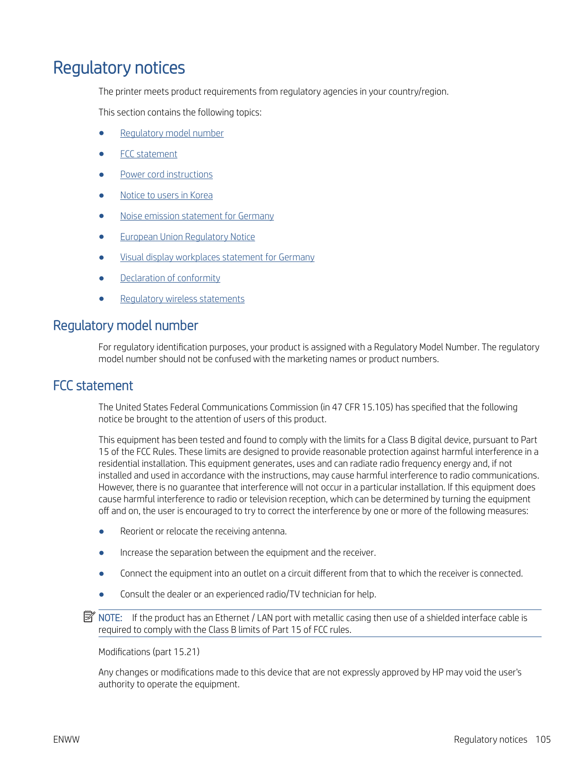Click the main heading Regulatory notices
119,68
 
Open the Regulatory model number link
172,133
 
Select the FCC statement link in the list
149,154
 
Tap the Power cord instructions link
166,175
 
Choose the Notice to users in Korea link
166,195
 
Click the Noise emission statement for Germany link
197,216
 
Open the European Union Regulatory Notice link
187,237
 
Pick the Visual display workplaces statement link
217,257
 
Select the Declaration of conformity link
170,278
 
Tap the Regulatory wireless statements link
182,299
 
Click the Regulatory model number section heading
125,326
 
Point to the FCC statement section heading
93,386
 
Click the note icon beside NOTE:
89,617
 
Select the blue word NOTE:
110,618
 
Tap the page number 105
543,740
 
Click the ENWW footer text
66,740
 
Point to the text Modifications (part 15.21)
149,652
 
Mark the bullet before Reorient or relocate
101,532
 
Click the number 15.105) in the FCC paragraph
377,408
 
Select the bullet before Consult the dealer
101,595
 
